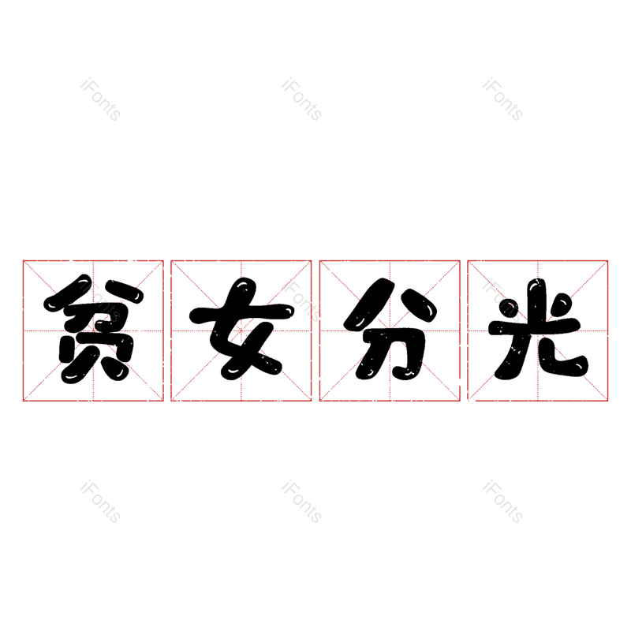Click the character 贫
click(93, 329)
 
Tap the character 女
click(242, 329)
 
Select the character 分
click(390, 329)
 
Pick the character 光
click(539, 329)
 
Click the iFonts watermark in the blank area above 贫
click(100, 99)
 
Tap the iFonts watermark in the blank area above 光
click(502, 99)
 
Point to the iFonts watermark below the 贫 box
click(100, 502)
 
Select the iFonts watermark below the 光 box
click(502, 502)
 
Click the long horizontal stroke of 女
click(242, 314)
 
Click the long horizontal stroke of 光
click(535, 327)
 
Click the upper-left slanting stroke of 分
click(369, 304)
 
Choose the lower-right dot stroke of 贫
click(115, 369)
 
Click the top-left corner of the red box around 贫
click(24, 261)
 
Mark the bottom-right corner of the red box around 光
click(607, 401)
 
